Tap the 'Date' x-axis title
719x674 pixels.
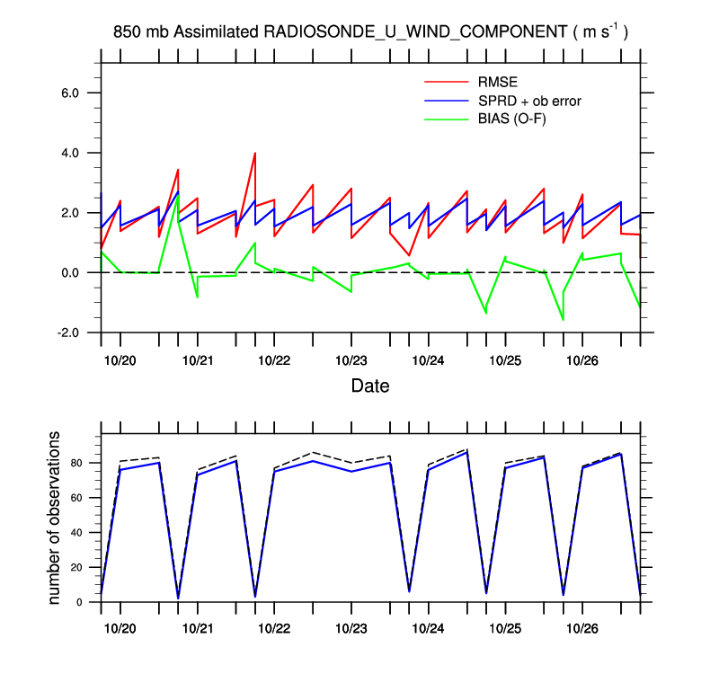[370, 386]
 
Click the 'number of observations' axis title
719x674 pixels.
[55, 517]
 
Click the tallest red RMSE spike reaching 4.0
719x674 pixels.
[255, 154]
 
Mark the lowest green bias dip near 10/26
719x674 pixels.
[563, 319]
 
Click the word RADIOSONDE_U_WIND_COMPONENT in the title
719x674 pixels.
[413, 32]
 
